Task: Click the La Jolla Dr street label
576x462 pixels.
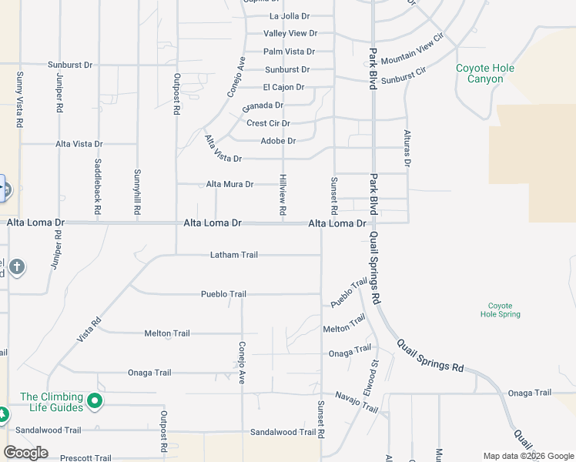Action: pos(289,15)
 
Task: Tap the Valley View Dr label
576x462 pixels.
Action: pos(290,33)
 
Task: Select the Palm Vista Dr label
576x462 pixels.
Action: pos(289,52)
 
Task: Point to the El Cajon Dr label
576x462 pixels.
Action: pos(283,87)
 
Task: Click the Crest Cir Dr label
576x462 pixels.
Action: pos(268,123)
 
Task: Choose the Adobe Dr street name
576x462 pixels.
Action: pos(278,141)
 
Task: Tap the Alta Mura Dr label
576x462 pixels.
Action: pos(229,184)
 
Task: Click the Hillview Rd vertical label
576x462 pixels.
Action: pos(283,195)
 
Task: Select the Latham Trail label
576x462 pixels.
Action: pos(234,255)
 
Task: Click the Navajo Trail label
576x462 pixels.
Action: pos(357,401)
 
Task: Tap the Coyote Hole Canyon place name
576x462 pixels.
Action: pos(485,73)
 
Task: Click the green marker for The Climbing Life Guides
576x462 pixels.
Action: pos(95,400)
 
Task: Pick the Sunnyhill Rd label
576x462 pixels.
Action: pos(137,192)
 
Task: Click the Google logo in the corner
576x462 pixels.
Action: pos(26,453)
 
